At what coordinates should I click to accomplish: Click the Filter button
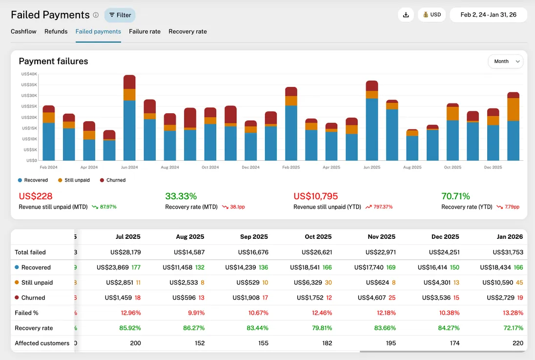(120, 15)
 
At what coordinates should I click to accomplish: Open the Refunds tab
(56, 31)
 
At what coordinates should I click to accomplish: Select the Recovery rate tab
(187, 31)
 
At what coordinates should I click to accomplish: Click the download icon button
(406, 15)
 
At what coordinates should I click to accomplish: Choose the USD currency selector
(432, 15)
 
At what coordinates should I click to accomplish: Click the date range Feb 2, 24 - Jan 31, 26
(488, 15)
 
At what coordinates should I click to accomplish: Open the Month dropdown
(505, 62)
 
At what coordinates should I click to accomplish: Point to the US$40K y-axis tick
(29, 74)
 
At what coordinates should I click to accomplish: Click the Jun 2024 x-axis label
(129, 167)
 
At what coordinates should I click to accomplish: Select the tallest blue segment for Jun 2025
(372, 129)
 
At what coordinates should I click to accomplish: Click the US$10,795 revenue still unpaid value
(315, 196)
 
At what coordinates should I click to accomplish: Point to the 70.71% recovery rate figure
(455, 196)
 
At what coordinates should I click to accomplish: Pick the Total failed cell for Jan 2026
(508, 252)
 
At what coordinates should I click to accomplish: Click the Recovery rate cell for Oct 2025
(321, 328)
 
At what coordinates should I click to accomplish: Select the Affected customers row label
(42, 343)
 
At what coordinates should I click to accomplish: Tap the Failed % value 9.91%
(194, 313)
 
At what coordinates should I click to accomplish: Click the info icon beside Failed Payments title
(96, 15)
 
